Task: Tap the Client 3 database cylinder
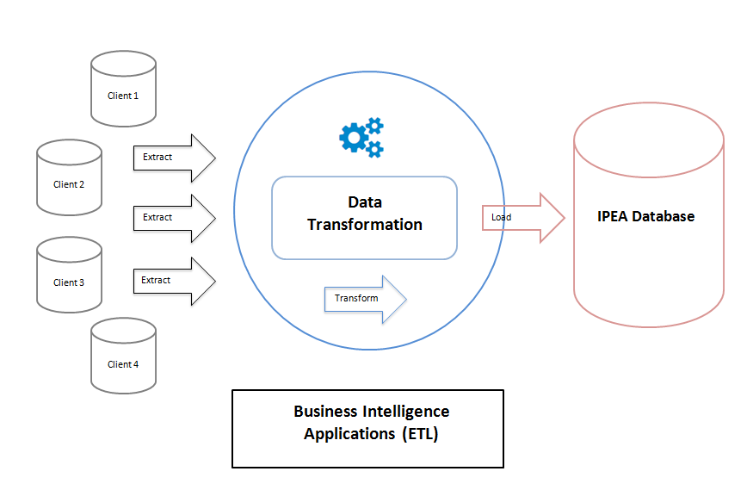[x=69, y=276]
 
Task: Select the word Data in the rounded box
[x=365, y=202]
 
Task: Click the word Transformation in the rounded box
[x=365, y=225]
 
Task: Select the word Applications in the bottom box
[x=349, y=434]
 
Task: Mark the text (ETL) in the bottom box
[x=420, y=434]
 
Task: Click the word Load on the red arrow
[x=501, y=217]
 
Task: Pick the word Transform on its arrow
[x=356, y=298]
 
